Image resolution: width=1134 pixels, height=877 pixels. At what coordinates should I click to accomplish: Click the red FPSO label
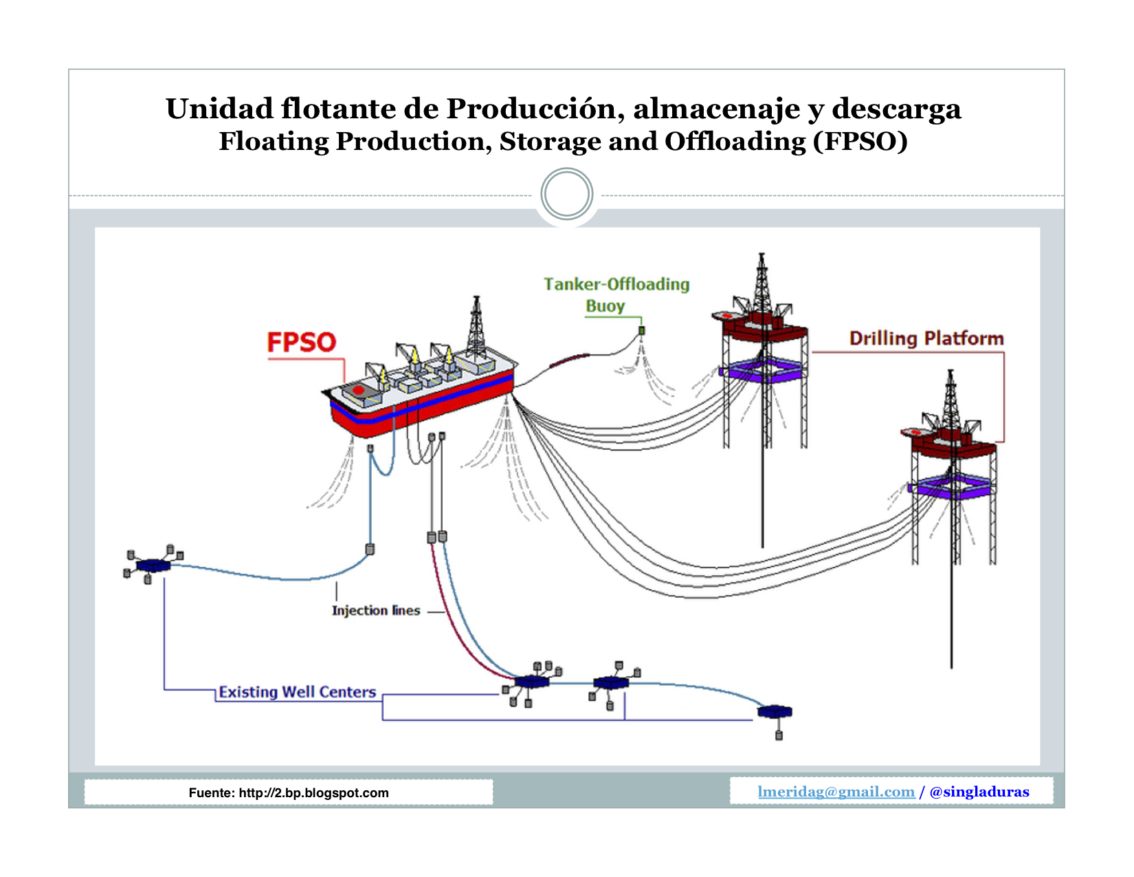[x=301, y=342]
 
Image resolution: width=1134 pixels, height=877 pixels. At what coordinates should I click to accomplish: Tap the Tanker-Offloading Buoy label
[x=616, y=294]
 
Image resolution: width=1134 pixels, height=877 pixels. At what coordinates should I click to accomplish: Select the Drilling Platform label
[x=926, y=338]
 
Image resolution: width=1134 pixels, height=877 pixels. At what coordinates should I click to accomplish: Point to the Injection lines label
[x=375, y=610]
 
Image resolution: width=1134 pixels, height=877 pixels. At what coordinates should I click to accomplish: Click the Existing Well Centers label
[x=297, y=692]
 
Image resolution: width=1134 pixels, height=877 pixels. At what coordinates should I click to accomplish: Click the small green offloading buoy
[x=642, y=331]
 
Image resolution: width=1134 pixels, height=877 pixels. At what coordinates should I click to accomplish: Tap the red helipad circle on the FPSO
[x=358, y=390]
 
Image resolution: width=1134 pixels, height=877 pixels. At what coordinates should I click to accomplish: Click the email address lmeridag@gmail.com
[x=836, y=792]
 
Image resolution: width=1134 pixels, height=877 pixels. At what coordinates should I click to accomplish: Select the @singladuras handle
[x=979, y=792]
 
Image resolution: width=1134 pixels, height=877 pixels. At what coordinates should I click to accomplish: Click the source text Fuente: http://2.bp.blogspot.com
[x=289, y=793]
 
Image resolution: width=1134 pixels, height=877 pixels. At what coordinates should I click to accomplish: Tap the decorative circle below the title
[x=566, y=194]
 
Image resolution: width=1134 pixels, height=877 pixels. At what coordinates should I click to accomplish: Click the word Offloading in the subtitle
[x=735, y=141]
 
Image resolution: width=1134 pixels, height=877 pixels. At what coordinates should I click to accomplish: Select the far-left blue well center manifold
[x=153, y=565]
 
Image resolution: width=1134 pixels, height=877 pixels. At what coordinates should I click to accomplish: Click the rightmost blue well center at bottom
[x=775, y=711]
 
